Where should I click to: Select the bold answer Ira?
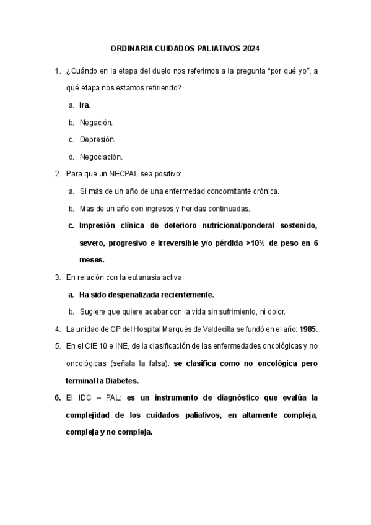(84, 105)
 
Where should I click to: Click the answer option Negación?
(96, 123)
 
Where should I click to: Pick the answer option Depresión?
(97, 140)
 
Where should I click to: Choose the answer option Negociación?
(101, 157)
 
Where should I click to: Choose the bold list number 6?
(58, 397)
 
